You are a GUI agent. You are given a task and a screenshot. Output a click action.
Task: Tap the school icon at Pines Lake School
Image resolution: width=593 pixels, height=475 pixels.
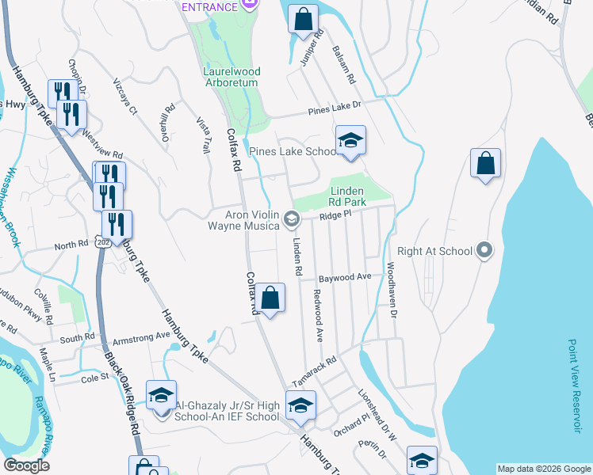coord(350,141)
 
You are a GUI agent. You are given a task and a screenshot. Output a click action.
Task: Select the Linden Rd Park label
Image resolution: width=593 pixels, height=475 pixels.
coord(347,196)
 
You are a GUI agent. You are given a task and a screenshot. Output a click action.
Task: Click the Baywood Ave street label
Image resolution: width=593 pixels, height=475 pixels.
coord(345,278)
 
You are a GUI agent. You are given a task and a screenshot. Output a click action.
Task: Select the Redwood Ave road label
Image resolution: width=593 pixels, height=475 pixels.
coord(318,316)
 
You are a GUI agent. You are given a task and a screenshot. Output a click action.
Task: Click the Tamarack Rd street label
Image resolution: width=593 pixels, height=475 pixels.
coord(314,366)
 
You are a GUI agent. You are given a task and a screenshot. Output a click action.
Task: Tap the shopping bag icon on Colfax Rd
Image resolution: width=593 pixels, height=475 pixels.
coord(270,298)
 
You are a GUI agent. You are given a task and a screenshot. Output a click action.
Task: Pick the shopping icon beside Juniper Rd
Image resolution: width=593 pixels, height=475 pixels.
coord(303,20)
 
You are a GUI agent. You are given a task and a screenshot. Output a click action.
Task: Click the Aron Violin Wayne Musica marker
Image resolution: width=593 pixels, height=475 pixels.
coord(291,218)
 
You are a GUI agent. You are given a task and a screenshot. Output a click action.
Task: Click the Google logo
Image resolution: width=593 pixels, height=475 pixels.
coord(26,465)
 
